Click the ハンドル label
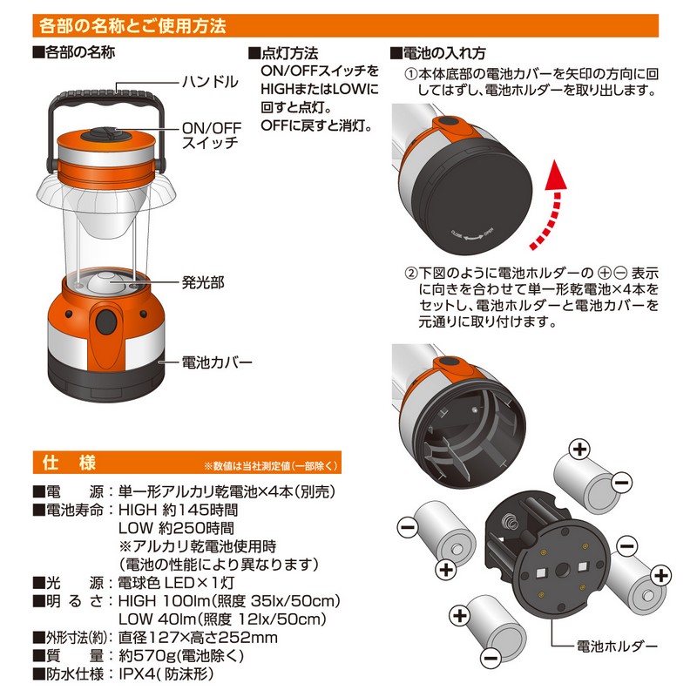210,82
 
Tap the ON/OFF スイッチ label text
212,135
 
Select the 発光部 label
203,282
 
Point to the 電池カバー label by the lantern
217,362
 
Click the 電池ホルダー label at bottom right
617,646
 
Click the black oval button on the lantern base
106,321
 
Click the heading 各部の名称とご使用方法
132,26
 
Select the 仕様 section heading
70,463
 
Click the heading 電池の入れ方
438,53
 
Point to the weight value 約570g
147,656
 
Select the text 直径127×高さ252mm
198,638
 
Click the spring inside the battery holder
510,519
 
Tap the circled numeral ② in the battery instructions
411,273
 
